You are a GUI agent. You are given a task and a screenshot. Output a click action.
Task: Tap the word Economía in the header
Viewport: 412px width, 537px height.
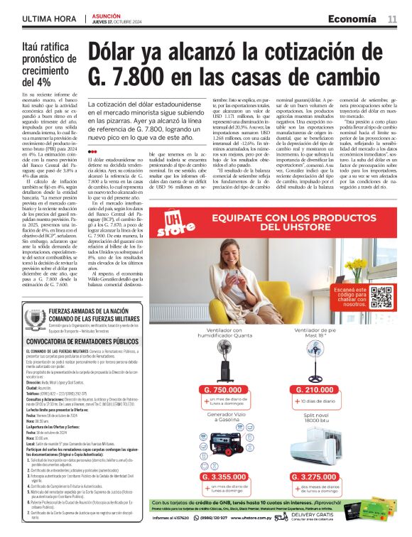click(x=353, y=18)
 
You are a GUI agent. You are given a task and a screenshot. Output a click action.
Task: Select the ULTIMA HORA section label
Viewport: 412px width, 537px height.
click(x=48, y=18)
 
